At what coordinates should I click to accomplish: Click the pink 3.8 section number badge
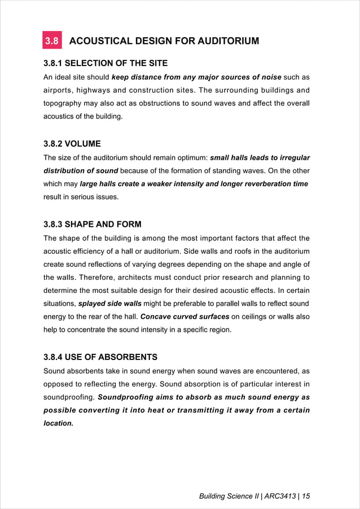(x=52, y=41)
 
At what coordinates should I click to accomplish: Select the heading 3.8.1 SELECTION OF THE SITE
(x=106, y=63)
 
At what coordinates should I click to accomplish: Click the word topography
(x=65, y=104)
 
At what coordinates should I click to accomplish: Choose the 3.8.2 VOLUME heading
(x=72, y=143)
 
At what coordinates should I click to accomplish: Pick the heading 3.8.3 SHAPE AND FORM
(x=93, y=224)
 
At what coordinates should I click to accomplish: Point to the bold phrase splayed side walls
(x=110, y=304)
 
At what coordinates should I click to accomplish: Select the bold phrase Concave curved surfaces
(x=185, y=317)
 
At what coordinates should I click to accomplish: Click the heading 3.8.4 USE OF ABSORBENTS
(x=100, y=357)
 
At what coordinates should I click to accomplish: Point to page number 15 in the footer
(x=306, y=497)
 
